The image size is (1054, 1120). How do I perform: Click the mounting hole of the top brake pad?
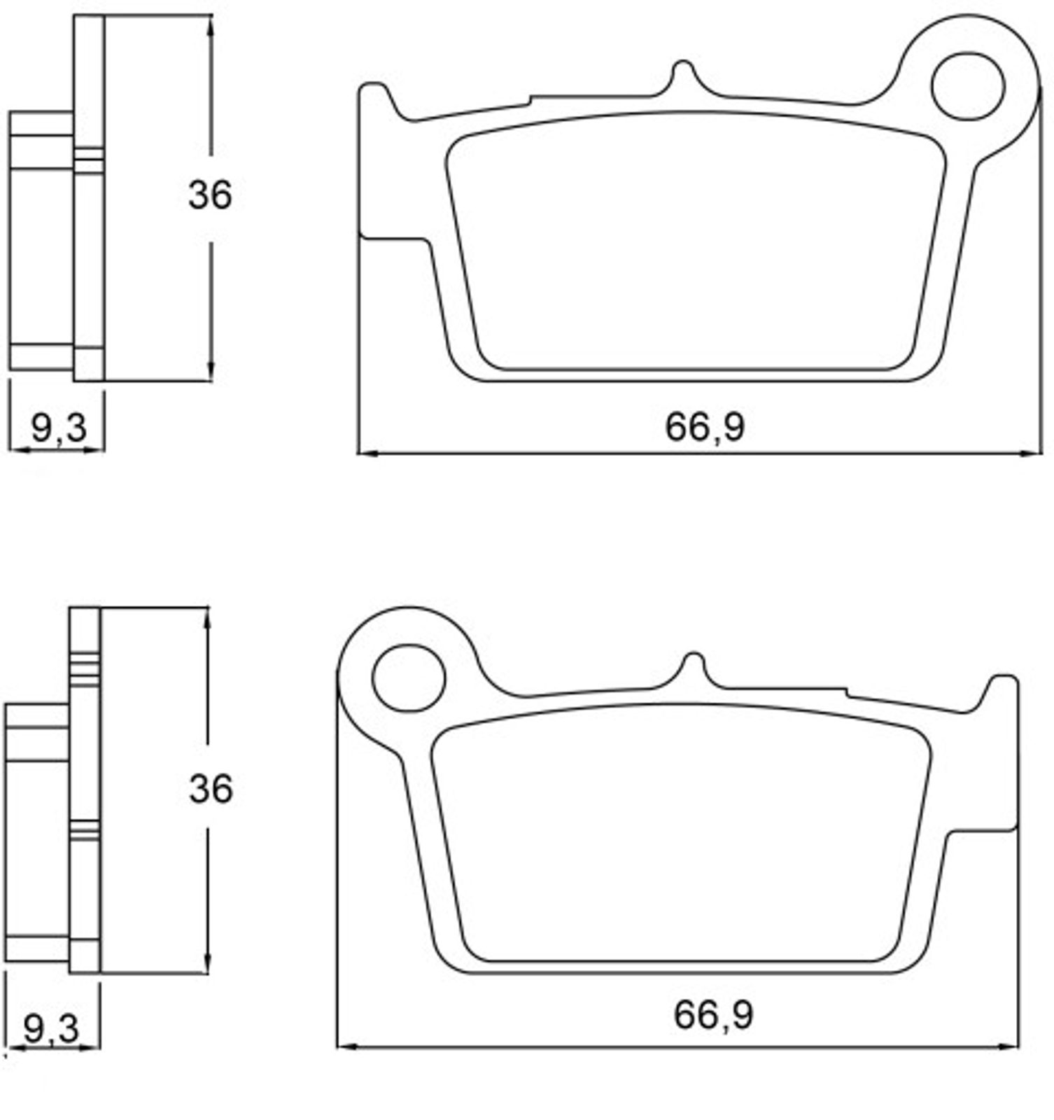[x=968, y=85]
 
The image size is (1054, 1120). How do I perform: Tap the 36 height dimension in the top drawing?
[x=209, y=195]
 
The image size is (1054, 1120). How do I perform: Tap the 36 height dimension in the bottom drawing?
[x=210, y=789]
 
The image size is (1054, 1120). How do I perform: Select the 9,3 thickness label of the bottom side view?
[x=51, y=1028]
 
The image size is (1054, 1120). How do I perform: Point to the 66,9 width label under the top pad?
[x=705, y=426]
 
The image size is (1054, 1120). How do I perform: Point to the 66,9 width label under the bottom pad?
[x=713, y=1014]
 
